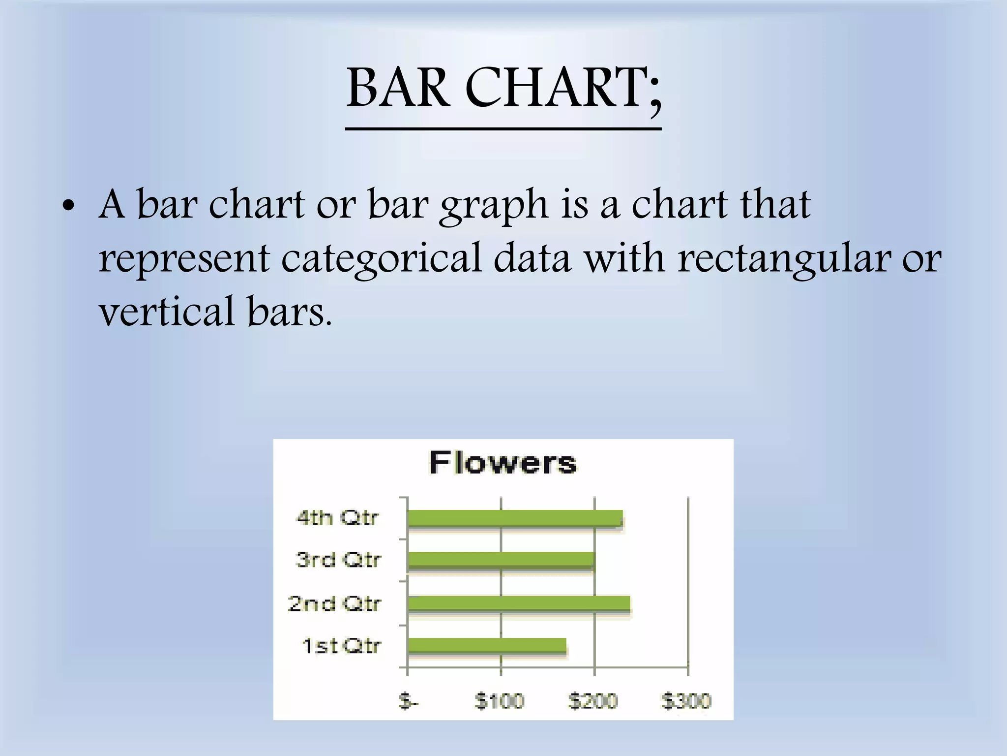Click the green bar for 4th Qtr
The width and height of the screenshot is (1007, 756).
(x=515, y=518)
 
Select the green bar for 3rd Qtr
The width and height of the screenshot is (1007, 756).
(x=501, y=560)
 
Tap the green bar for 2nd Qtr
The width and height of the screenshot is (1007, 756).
(x=519, y=603)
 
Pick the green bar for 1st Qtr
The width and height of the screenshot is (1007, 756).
(x=487, y=646)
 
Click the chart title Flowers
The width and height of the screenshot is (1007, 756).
(x=503, y=463)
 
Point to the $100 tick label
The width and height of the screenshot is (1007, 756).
(x=500, y=700)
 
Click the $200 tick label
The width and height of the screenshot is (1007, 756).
(x=593, y=700)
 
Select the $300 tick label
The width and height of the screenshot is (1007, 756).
(x=686, y=700)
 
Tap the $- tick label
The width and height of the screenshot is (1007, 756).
(x=408, y=700)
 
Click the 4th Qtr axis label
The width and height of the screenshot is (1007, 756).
(x=337, y=518)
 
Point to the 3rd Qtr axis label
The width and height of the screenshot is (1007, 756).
(x=338, y=560)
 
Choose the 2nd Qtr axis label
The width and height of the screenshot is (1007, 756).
(x=334, y=603)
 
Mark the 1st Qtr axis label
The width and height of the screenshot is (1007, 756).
(x=341, y=645)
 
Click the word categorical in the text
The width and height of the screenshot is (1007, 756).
(x=381, y=258)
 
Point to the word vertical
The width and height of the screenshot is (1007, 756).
(x=167, y=311)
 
